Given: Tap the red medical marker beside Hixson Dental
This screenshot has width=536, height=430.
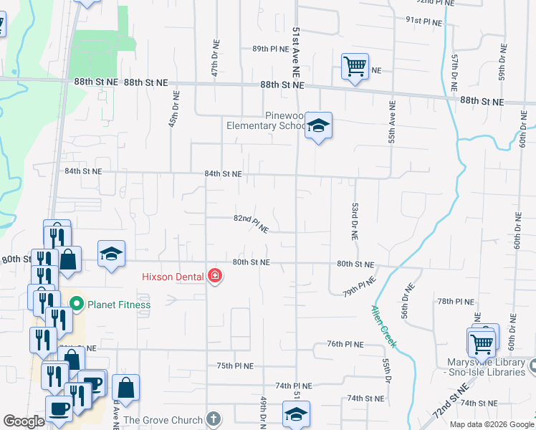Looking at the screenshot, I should tap(214, 276).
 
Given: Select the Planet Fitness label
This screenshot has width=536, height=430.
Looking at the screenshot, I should tap(119, 305).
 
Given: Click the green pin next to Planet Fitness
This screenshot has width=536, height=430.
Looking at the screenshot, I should tap(78, 305).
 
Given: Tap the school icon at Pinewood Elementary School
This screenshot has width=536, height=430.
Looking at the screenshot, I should tap(318, 126).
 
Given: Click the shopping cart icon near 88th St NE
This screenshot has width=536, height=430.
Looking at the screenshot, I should tap(355, 67).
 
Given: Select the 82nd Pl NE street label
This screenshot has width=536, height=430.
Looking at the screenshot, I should tap(251, 224).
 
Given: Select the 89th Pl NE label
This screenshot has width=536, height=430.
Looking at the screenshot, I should tap(269, 48).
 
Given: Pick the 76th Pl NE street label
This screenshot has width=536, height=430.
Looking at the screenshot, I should tap(346, 344).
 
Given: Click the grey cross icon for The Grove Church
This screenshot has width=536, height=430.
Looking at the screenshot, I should tap(213, 419).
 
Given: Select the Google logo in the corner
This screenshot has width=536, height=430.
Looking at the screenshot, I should tap(24, 421).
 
